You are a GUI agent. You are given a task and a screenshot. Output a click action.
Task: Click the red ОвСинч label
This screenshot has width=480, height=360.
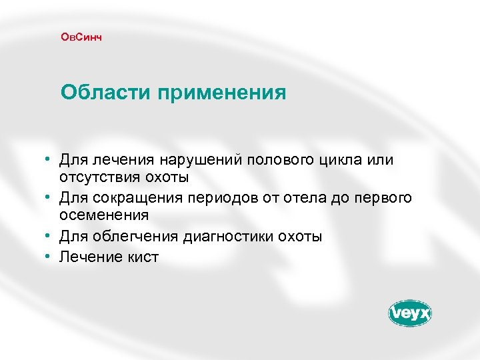(81, 37)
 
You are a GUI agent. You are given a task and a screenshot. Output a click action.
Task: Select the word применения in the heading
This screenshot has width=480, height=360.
(222, 93)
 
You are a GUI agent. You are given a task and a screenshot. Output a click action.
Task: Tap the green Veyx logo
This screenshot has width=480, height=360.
(410, 313)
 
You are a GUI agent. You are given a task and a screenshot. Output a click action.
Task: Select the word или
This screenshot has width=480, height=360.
(381, 161)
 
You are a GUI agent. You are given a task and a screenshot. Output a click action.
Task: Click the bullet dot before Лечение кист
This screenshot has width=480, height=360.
(49, 256)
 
